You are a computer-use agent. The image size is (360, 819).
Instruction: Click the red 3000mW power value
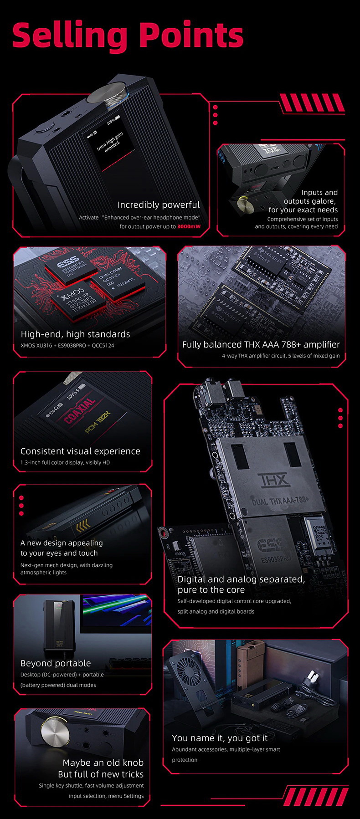[189, 226]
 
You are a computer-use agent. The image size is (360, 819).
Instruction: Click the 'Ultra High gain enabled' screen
[109, 143]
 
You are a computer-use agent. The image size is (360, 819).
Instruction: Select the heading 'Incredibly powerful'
[159, 205]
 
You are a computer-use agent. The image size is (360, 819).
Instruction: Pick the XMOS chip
[78, 297]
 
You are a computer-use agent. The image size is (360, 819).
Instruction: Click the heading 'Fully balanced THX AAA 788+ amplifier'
[261, 344]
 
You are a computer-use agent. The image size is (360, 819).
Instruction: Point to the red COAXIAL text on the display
[80, 410]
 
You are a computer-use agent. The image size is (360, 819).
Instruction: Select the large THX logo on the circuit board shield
[273, 480]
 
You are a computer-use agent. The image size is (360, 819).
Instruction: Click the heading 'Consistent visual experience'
[80, 451]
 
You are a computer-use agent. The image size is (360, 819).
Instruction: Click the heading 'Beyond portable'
[56, 663]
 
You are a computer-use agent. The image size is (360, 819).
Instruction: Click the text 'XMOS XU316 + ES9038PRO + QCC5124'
[67, 345]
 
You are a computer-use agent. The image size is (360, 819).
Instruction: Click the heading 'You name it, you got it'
[220, 738]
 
